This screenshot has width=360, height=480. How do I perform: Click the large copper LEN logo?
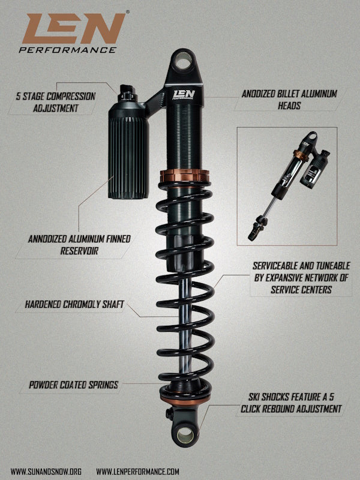[73, 28]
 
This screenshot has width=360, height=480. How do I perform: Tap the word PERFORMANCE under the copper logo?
[68, 50]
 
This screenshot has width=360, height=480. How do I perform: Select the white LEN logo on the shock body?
[184, 95]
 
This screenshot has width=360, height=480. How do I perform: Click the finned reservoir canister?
[128, 150]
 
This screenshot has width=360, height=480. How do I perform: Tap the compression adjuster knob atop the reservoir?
[127, 93]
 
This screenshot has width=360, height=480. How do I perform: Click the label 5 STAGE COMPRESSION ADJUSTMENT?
[55, 102]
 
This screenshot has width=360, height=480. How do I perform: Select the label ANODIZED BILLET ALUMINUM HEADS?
[289, 100]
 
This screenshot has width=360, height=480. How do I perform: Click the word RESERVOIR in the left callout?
[79, 251]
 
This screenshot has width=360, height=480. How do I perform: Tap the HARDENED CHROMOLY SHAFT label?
[74, 304]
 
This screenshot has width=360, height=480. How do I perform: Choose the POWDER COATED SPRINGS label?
[73, 385]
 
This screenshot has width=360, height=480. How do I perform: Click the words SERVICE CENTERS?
[301, 289]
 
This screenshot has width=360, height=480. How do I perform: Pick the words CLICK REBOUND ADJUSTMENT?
[291, 409]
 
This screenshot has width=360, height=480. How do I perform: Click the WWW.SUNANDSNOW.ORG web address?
[46, 472]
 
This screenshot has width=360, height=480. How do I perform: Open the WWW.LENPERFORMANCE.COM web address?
[137, 472]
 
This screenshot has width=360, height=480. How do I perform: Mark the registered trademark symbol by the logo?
[128, 12]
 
